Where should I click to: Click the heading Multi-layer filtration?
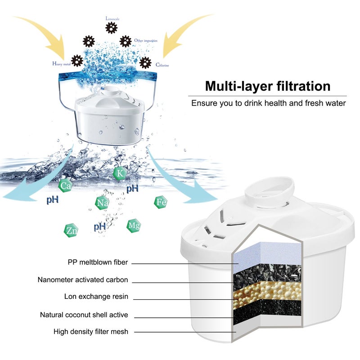click(x=268, y=86)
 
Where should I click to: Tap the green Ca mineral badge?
click(x=66, y=184)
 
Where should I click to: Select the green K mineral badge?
click(x=120, y=173)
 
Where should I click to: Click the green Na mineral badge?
click(x=102, y=203)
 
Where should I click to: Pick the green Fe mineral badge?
click(x=161, y=202)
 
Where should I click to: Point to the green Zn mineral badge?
click(x=71, y=230)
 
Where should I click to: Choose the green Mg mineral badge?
click(x=133, y=225)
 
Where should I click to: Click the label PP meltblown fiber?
click(x=98, y=262)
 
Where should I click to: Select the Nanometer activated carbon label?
click(x=83, y=279)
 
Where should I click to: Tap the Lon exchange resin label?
click(x=96, y=297)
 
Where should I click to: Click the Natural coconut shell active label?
click(x=84, y=315)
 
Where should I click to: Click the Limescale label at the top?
click(x=112, y=18)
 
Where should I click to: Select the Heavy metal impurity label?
click(x=62, y=64)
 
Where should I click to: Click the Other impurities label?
click(x=145, y=40)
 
